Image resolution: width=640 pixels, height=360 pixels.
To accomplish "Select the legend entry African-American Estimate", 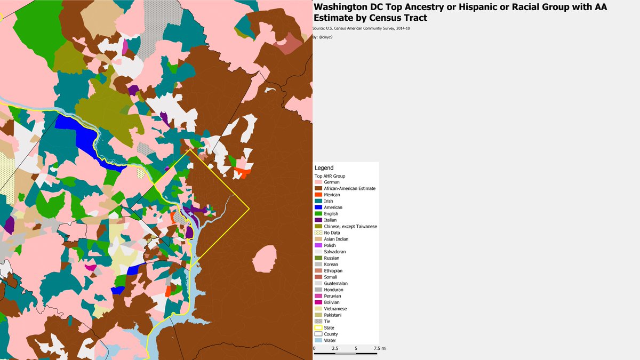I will tap(349, 188).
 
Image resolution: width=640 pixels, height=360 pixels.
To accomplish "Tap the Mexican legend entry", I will tap(331, 195).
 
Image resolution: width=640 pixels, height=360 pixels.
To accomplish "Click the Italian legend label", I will tap(330, 220).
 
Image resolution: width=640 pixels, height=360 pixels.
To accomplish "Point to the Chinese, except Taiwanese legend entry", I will tap(350, 226).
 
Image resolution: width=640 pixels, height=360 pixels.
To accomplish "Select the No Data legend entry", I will tap(332, 233).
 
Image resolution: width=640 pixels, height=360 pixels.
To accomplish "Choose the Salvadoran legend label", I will tap(335, 252).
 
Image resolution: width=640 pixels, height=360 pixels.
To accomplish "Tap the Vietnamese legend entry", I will tap(335, 309).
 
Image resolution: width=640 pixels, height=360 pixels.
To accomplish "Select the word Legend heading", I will tap(324, 168).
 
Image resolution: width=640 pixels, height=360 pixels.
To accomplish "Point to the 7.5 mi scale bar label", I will tap(380, 348).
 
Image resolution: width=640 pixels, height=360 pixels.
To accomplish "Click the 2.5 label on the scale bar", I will tap(334, 348).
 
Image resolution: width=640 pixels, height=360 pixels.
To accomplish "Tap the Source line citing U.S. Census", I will tap(361, 28).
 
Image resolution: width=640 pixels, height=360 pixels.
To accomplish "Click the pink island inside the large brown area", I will tap(265, 259).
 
